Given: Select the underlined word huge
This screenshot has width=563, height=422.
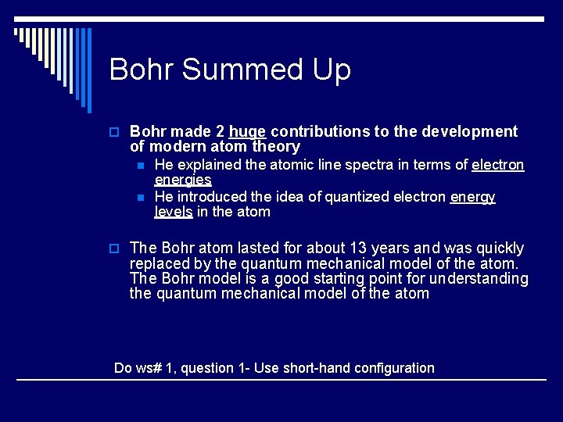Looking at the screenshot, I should [x=247, y=131].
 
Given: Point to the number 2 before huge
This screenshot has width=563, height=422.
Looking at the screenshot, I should [x=220, y=131].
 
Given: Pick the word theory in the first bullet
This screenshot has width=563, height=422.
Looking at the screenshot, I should [x=276, y=146].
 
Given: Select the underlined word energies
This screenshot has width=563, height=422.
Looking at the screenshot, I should [x=183, y=180].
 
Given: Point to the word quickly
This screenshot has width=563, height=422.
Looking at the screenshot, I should [x=496, y=249].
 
